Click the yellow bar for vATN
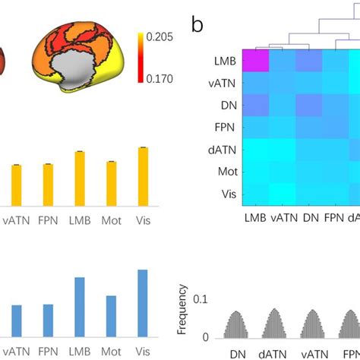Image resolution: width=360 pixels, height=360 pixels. [x=16, y=185]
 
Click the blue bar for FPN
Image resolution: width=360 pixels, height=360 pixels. [x=48, y=320]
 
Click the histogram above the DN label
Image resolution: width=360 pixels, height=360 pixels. [x=238, y=324]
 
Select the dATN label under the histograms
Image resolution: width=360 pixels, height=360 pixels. [x=273, y=352]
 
